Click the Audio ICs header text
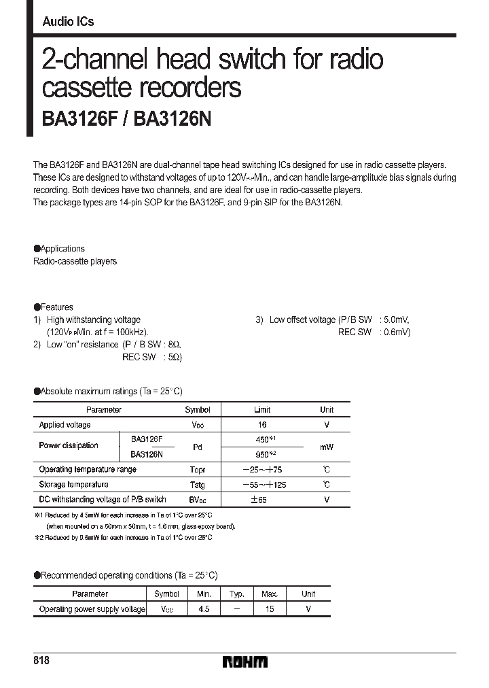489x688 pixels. (68, 22)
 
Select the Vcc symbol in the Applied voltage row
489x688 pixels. (198, 425)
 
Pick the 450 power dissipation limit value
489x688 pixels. (261, 439)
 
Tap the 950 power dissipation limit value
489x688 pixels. (261, 453)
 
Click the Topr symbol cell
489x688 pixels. (197, 470)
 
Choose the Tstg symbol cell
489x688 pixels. (197, 485)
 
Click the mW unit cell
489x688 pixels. (327, 447)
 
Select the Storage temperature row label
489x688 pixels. (73, 485)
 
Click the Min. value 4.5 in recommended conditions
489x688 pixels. (204, 609)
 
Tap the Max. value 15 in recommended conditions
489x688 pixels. (270, 609)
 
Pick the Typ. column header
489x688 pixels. (236, 594)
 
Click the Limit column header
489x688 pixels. (261, 410)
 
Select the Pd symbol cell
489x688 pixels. (198, 447)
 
